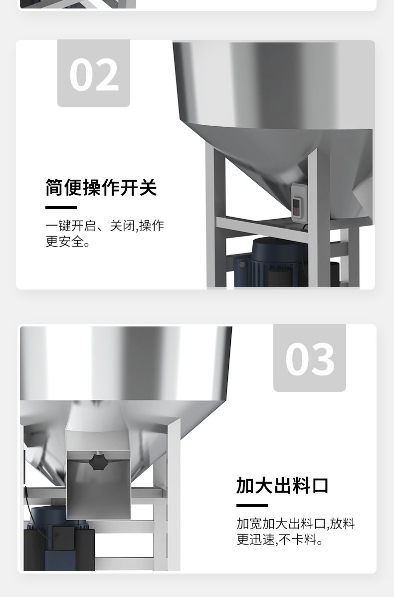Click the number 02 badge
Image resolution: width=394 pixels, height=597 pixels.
point(94,73)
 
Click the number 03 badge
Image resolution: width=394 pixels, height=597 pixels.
point(310,358)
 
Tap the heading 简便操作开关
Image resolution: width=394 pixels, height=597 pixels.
point(101,187)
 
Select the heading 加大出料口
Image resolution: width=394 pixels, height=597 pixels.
point(283,486)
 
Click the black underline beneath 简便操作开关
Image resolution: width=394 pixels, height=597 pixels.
point(61,208)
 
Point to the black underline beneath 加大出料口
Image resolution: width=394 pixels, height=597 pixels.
point(252,506)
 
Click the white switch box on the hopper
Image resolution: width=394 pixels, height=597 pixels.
point(299,203)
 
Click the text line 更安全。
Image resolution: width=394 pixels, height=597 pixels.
point(68,242)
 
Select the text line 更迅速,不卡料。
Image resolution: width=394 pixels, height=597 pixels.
point(280,540)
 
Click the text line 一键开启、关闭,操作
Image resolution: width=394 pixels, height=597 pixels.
point(105,226)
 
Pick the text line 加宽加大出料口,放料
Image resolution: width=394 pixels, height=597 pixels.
point(296,524)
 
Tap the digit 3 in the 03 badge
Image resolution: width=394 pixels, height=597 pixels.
point(323,359)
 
